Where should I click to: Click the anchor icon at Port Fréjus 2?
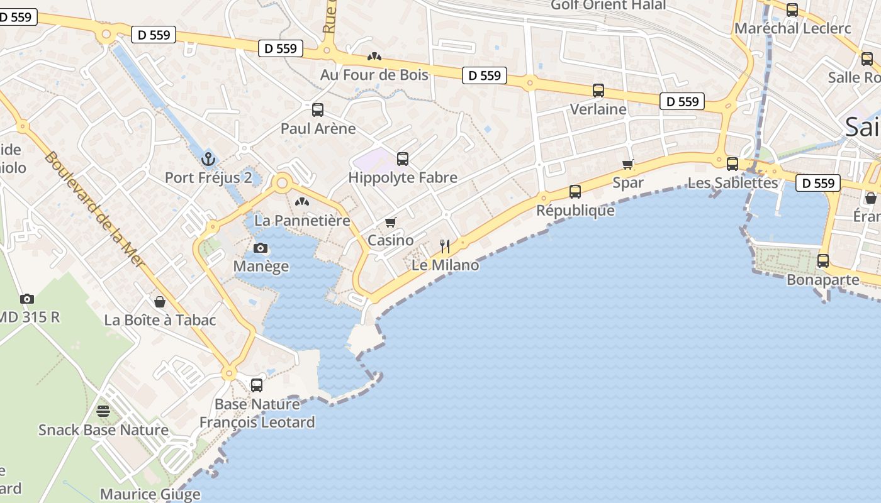(x=208, y=159)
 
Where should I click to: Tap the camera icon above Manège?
(x=260, y=248)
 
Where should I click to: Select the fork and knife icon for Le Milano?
(x=444, y=246)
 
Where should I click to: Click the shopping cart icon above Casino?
(x=391, y=223)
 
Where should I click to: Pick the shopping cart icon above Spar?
(x=627, y=165)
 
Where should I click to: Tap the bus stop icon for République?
(x=575, y=192)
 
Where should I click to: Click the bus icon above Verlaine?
(x=598, y=91)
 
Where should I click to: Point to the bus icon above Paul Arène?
(x=318, y=110)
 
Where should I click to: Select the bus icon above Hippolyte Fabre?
(x=403, y=159)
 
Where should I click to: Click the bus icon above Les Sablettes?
(x=732, y=164)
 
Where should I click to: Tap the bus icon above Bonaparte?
(x=822, y=261)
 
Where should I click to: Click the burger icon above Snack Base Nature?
(x=103, y=412)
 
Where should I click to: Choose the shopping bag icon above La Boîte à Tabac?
(x=160, y=302)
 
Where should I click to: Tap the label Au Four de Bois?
(x=374, y=75)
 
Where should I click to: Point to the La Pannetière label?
(x=302, y=221)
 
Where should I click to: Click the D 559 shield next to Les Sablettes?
(x=818, y=183)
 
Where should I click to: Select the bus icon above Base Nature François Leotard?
(x=257, y=385)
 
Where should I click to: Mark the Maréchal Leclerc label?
(x=792, y=28)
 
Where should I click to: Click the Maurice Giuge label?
(x=150, y=494)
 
